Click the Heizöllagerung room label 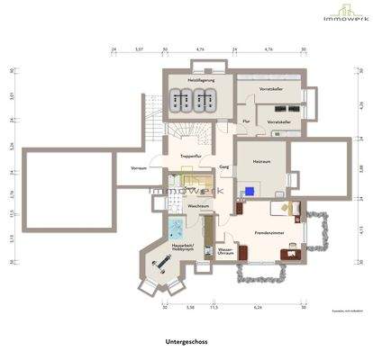198,80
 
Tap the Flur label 246,121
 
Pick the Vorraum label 139,168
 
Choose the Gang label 223,167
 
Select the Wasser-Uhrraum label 225,253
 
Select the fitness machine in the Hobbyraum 165,264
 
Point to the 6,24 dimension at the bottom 258,307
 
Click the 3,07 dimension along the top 140,50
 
